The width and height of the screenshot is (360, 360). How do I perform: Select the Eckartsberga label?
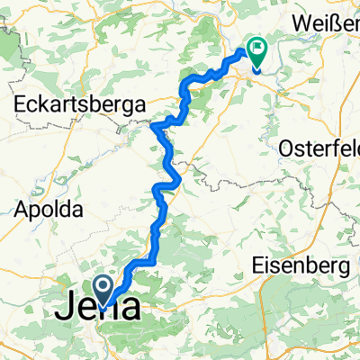[x=81, y=105]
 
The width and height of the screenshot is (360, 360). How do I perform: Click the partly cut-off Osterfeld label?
[x=319, y=146]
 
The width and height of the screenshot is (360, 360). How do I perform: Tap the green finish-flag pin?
[x=257, y=53]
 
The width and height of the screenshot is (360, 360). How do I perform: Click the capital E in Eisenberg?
[x=256, y=266]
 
